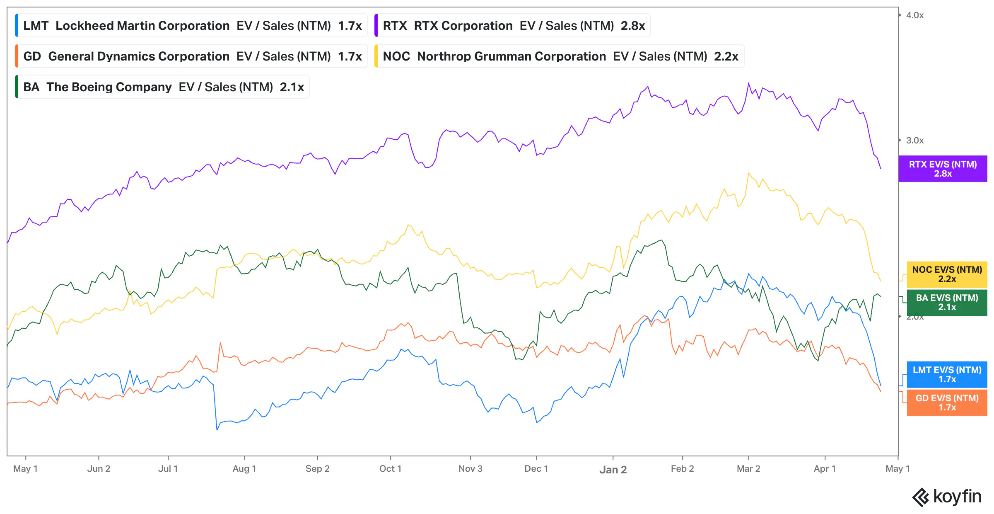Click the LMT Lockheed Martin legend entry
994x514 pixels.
point(192,26)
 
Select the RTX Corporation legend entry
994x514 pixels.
point(513,26)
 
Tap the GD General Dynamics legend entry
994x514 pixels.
point(192,56)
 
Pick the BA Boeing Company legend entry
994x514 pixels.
point(163,87)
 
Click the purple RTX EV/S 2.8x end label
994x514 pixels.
point(943,169)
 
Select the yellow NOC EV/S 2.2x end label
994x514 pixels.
point(947,274)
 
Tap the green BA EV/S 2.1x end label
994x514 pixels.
point(947,303)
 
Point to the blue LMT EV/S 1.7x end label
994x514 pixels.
point(947,375)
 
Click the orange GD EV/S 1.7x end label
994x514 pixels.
point(947,403)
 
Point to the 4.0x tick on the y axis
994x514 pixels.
point(914,15)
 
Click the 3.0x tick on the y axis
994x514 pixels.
point(914,141)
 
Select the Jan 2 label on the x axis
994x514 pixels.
point(613,470)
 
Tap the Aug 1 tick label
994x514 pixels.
point(244,469)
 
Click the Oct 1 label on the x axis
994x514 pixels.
point(390,469)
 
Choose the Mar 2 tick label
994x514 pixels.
point(748,469)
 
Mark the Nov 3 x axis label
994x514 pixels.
point(470,469)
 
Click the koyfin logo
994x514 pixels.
point(947,497)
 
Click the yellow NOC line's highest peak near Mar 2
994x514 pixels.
point(749,173)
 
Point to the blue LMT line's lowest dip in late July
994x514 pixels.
point(217,429)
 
